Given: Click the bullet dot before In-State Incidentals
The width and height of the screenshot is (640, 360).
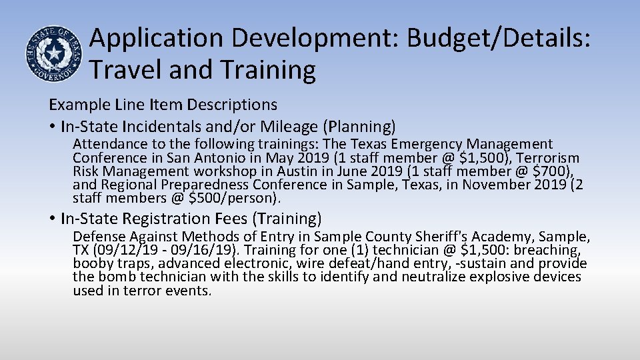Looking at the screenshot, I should (x=52, y=127).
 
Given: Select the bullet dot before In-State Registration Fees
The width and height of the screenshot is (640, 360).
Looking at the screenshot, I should (x=52, y=219).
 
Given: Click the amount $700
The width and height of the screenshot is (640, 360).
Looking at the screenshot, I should (x=554, y=171).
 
